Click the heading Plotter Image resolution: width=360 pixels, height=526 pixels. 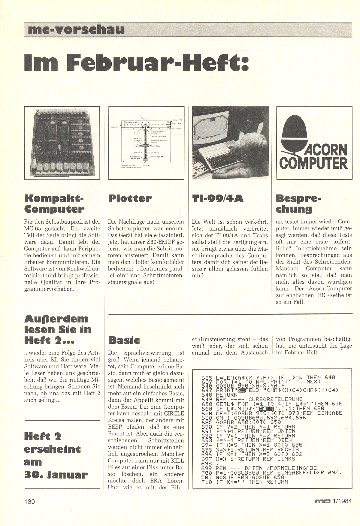tap(130, 198)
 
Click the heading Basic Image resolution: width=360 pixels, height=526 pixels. tap(124, 340)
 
